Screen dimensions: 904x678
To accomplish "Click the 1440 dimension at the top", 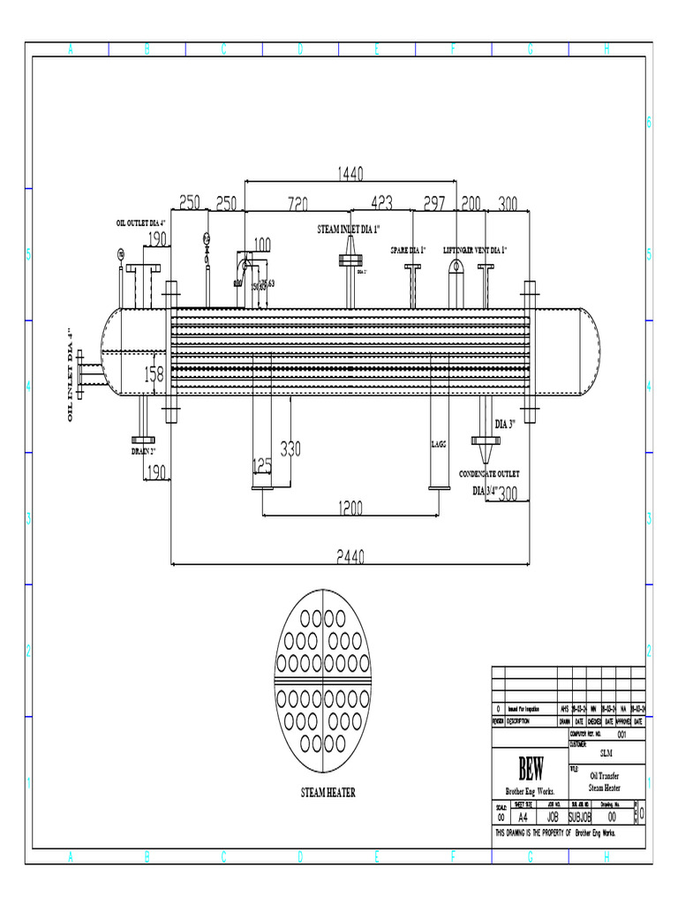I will [x=350, y=173].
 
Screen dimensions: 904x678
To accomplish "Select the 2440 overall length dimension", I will [x=350, y=555].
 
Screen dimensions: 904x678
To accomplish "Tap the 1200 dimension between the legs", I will [x=350, y=507].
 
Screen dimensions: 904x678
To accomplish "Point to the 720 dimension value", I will [x=297, y=204].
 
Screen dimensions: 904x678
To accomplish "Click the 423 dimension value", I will [x=381, y=204].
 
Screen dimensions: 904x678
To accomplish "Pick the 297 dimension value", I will [x=433, y=204].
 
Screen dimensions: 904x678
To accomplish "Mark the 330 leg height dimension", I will [x=290, y=448].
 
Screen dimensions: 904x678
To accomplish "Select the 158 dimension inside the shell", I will [x=154, y=373].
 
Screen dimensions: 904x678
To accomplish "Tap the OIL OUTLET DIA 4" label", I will [x=141, y=222].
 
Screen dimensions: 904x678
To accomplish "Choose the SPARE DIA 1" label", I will [x=408, y=251].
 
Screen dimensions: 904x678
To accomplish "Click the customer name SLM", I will [x=606, y=753].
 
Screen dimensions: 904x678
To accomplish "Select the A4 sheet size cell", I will [x=528, y=817].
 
